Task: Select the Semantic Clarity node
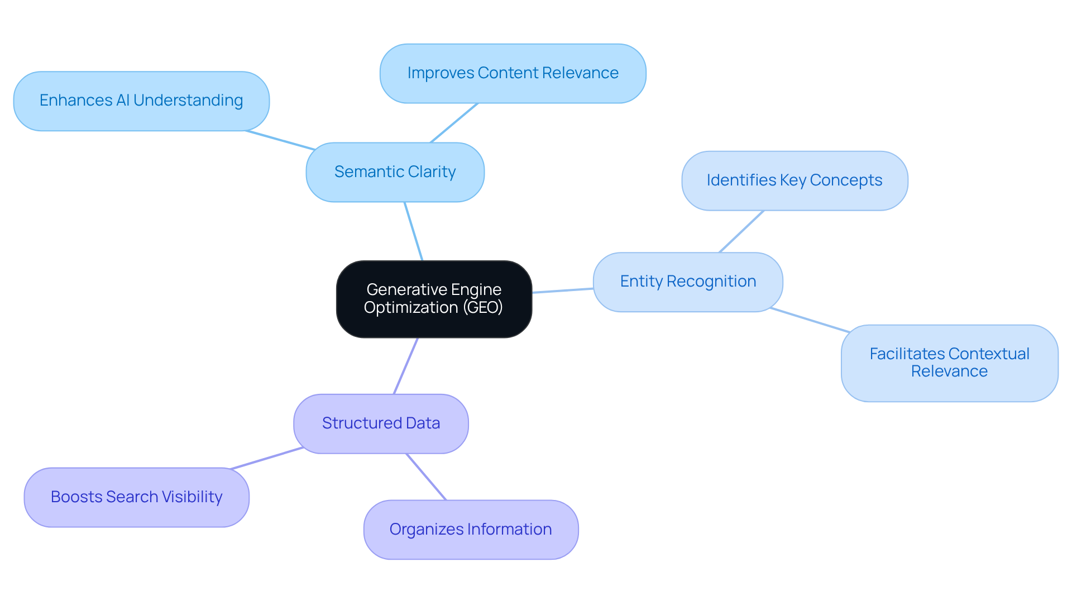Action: click(395, 172)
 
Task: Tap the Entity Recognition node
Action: click(688, 282)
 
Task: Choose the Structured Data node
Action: click(381, 423)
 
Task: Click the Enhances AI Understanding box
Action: click(141, 101)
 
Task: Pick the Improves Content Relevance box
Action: click(513, 73)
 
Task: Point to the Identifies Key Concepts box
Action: click(795, 180)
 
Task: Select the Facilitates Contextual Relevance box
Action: click(949, 363)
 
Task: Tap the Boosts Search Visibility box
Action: click(136, 497)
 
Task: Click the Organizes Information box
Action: click(471, 529)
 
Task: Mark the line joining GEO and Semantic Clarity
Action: click(413, 231)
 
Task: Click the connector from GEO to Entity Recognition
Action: click(562, 290)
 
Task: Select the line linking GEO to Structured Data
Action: click(406, 366)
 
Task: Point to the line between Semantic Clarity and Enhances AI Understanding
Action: click(280, 140)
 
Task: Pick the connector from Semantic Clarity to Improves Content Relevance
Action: click(454, 123)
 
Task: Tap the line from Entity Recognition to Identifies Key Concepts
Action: click(741, 231)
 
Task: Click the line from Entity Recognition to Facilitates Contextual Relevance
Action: click(810, 320)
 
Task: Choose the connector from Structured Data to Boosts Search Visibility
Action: click(267, 458)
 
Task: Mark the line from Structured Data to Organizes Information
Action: click(426, 477)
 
